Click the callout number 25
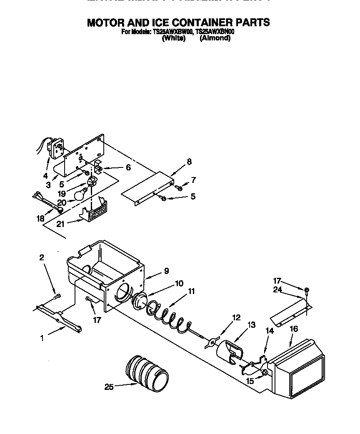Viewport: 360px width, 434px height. tap(109, 387)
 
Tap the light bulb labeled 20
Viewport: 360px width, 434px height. tap(80, 194)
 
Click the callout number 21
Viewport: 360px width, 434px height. tap(60, 224)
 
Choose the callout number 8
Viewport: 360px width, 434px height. tap(189, 162)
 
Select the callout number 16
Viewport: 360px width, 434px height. tap(294, 329)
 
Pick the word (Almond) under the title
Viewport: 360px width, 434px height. tap(215, 38)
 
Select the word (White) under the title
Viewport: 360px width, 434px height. tap(173, 38)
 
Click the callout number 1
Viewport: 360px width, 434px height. tap(42, 338)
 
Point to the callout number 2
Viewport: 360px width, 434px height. tap(42, 258)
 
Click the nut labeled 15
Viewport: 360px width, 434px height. tap(263, 372)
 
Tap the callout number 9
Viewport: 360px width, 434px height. tap(166, 271)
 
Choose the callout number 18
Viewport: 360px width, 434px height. tap(40, 219)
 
